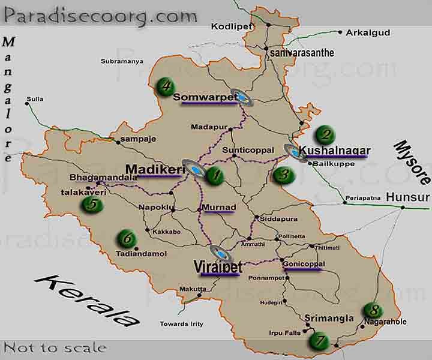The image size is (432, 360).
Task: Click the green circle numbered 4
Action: [x=164, y=87]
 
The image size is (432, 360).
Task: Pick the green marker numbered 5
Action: [x=92, y=204]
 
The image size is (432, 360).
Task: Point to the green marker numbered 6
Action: [x=127, y=238]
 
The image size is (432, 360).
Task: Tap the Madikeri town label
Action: [x=154, y=170]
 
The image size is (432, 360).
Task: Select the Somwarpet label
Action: [x=205, y=97]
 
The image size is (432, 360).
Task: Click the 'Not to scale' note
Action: [x=55, y=347]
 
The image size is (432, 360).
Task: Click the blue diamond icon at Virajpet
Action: [x=221, y=254]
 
